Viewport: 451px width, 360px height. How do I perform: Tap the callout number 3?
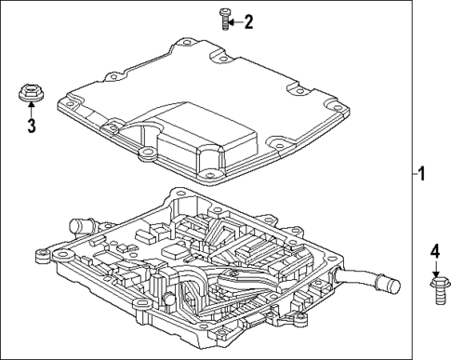pyautogui.click(x=31, y=126)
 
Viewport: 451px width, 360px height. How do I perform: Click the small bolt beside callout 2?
pyautogui.click(x=224, y=18)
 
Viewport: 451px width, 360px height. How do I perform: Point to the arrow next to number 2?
pyautogui.click(x=236, y=20)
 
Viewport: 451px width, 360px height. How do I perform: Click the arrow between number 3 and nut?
pyautogui.click(x=31, y=111)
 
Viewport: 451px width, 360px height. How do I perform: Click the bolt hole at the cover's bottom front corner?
pyautogui.click(x=211, y=174)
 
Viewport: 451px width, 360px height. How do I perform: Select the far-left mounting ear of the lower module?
pyautogui.click(x=42, y=252)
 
